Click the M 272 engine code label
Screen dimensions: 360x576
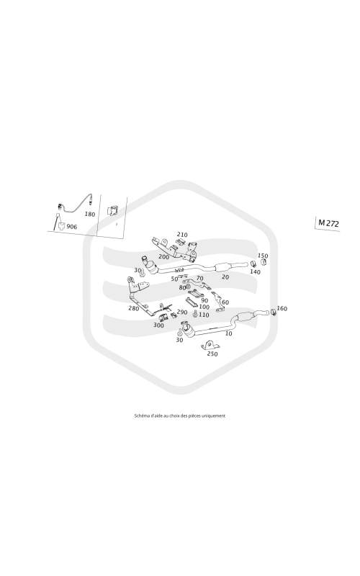click(x=328, y=223)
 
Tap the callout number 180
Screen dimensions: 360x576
click(x=89, y=214)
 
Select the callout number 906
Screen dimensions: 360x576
click(x=71, y=227)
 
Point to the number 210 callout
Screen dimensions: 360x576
click(x=182, y=235)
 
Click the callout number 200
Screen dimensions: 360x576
click(x=163, y=257)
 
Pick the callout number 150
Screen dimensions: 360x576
click(x=263, y=256)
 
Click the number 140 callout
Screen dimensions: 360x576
click(x=255, y=272)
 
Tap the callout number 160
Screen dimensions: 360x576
click(x=282, y=309)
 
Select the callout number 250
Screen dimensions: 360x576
click(x=212, y=354)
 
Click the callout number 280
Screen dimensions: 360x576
click(x=134, y=308)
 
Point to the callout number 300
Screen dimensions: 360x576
click(x=158, y=325)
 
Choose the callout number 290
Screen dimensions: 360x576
click(x=182, y=312)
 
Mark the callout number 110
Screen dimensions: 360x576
click(x=204, y=315)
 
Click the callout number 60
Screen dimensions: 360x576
click(x=225, y=302)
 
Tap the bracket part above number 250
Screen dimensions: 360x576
click(x=210, y=346)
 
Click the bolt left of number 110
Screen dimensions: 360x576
click(x=194, y=314)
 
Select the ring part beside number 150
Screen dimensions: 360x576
click(x=264, y=262)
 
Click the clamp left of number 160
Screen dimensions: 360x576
click(x=274, y=312)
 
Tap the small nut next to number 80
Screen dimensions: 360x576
click(x=187, y=286)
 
